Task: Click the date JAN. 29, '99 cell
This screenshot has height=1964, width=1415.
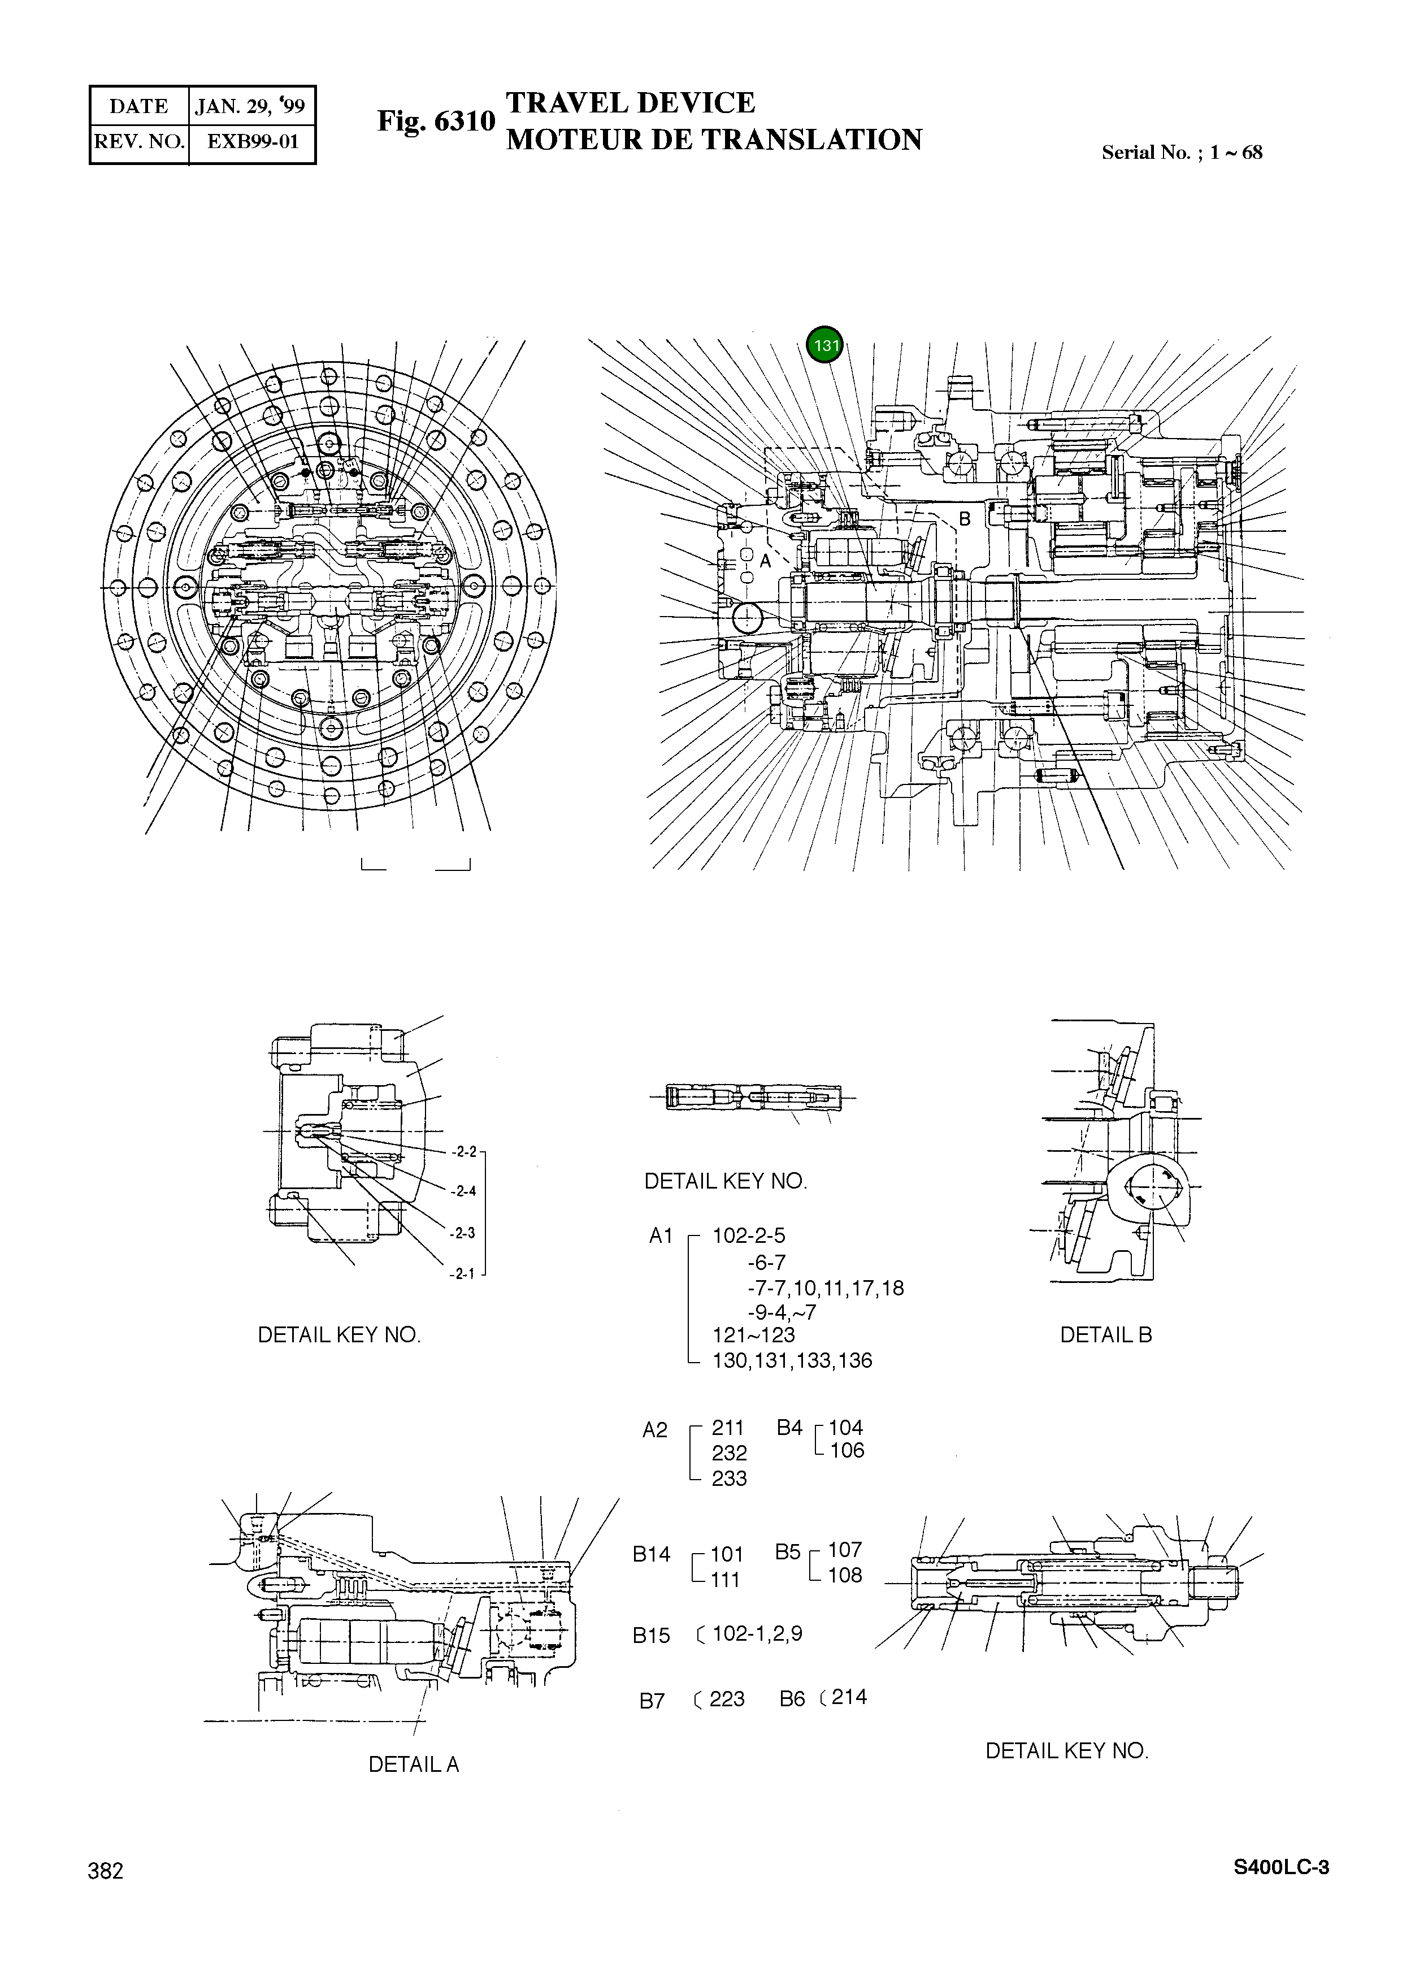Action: (x=250, y=106)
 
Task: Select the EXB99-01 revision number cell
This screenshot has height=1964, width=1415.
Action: (x=252, y=142)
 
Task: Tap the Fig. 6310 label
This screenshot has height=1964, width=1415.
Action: (x=436, y=122)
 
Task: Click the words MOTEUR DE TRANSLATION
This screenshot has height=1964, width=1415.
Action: (x=714, y=140)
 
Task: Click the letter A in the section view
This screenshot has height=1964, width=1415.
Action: (x=765, y=561)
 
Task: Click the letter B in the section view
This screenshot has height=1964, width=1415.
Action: (x=965, y=519)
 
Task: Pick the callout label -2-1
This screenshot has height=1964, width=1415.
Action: (x=462, y=1274)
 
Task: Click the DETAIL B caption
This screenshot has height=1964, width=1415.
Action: (x=1106, y=1334)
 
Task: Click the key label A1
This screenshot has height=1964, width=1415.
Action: (x=661, y=1235)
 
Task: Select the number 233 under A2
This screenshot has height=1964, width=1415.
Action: (x=728, y=1478)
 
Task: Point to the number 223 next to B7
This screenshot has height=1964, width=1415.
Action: (x=727, y=1699)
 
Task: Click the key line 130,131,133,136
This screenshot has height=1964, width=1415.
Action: (x=792, y=1360)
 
